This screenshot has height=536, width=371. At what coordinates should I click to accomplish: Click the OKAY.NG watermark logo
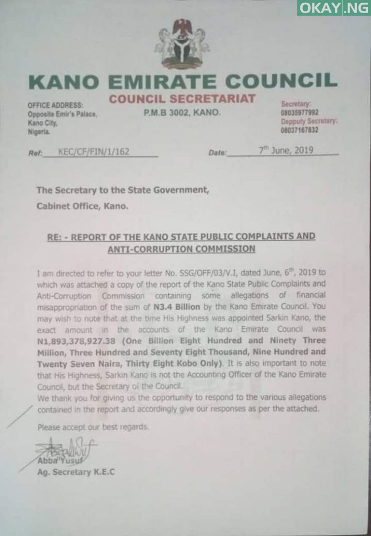333,7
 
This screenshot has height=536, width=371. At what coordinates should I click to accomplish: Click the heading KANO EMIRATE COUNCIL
183,82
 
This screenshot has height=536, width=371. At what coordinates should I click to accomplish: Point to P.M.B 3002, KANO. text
182,112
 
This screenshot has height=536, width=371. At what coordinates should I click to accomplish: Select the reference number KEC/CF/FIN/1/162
94,152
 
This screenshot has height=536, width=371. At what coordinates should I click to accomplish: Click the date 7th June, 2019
286,150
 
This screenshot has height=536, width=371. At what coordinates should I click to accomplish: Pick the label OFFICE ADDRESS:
55,106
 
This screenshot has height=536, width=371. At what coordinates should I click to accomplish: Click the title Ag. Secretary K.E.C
76,472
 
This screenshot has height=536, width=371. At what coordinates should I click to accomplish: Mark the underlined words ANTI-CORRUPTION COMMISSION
182,249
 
